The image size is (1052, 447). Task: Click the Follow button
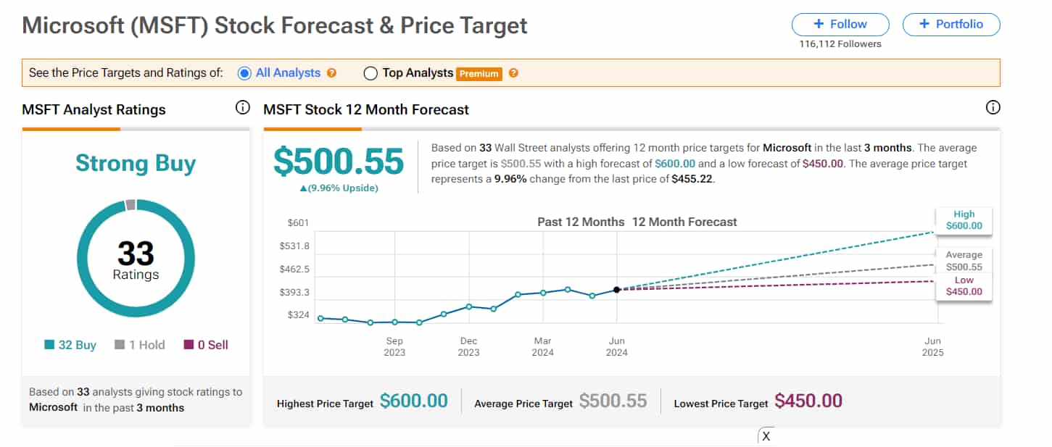pyautogui.click(x=840, y=24)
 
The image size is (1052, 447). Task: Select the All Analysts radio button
pyautogui.click(x=244, y=73)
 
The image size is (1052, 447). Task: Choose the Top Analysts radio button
pyautogui.click(x=370, y=73)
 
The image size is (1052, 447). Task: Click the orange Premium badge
pyautogui.click(x=479, y=73)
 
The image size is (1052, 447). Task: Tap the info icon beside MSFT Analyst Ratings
pyautogui.click(x=243, y=108)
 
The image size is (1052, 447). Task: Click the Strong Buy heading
pyautogui.click(x=136, y=163)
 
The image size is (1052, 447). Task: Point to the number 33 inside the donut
pyautogui.click(x=136, y=254)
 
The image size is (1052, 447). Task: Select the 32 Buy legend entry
pyautogui.click(x=70, y=345)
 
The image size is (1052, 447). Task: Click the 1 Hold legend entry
pyautogui.click(x=140, y=345)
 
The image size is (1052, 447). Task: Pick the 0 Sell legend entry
pyautogui.click(x=206, y=345)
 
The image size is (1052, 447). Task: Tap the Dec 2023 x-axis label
pyautogui.click(x=468, y=346)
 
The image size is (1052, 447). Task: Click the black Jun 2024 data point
pyautogui.click(x=617, y=289)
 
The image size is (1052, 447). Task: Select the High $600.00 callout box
pyautogui.click(x=964, y=220)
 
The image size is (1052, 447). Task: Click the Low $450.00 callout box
pyautogui.click(x=964, y=286)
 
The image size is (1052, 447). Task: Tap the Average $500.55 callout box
pyautogui.click(x=964, y=261)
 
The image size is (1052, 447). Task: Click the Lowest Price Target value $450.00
pyautogui.click(x=808, y=401)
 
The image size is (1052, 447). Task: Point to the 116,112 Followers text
pyautogui.click(x=840, y=44)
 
